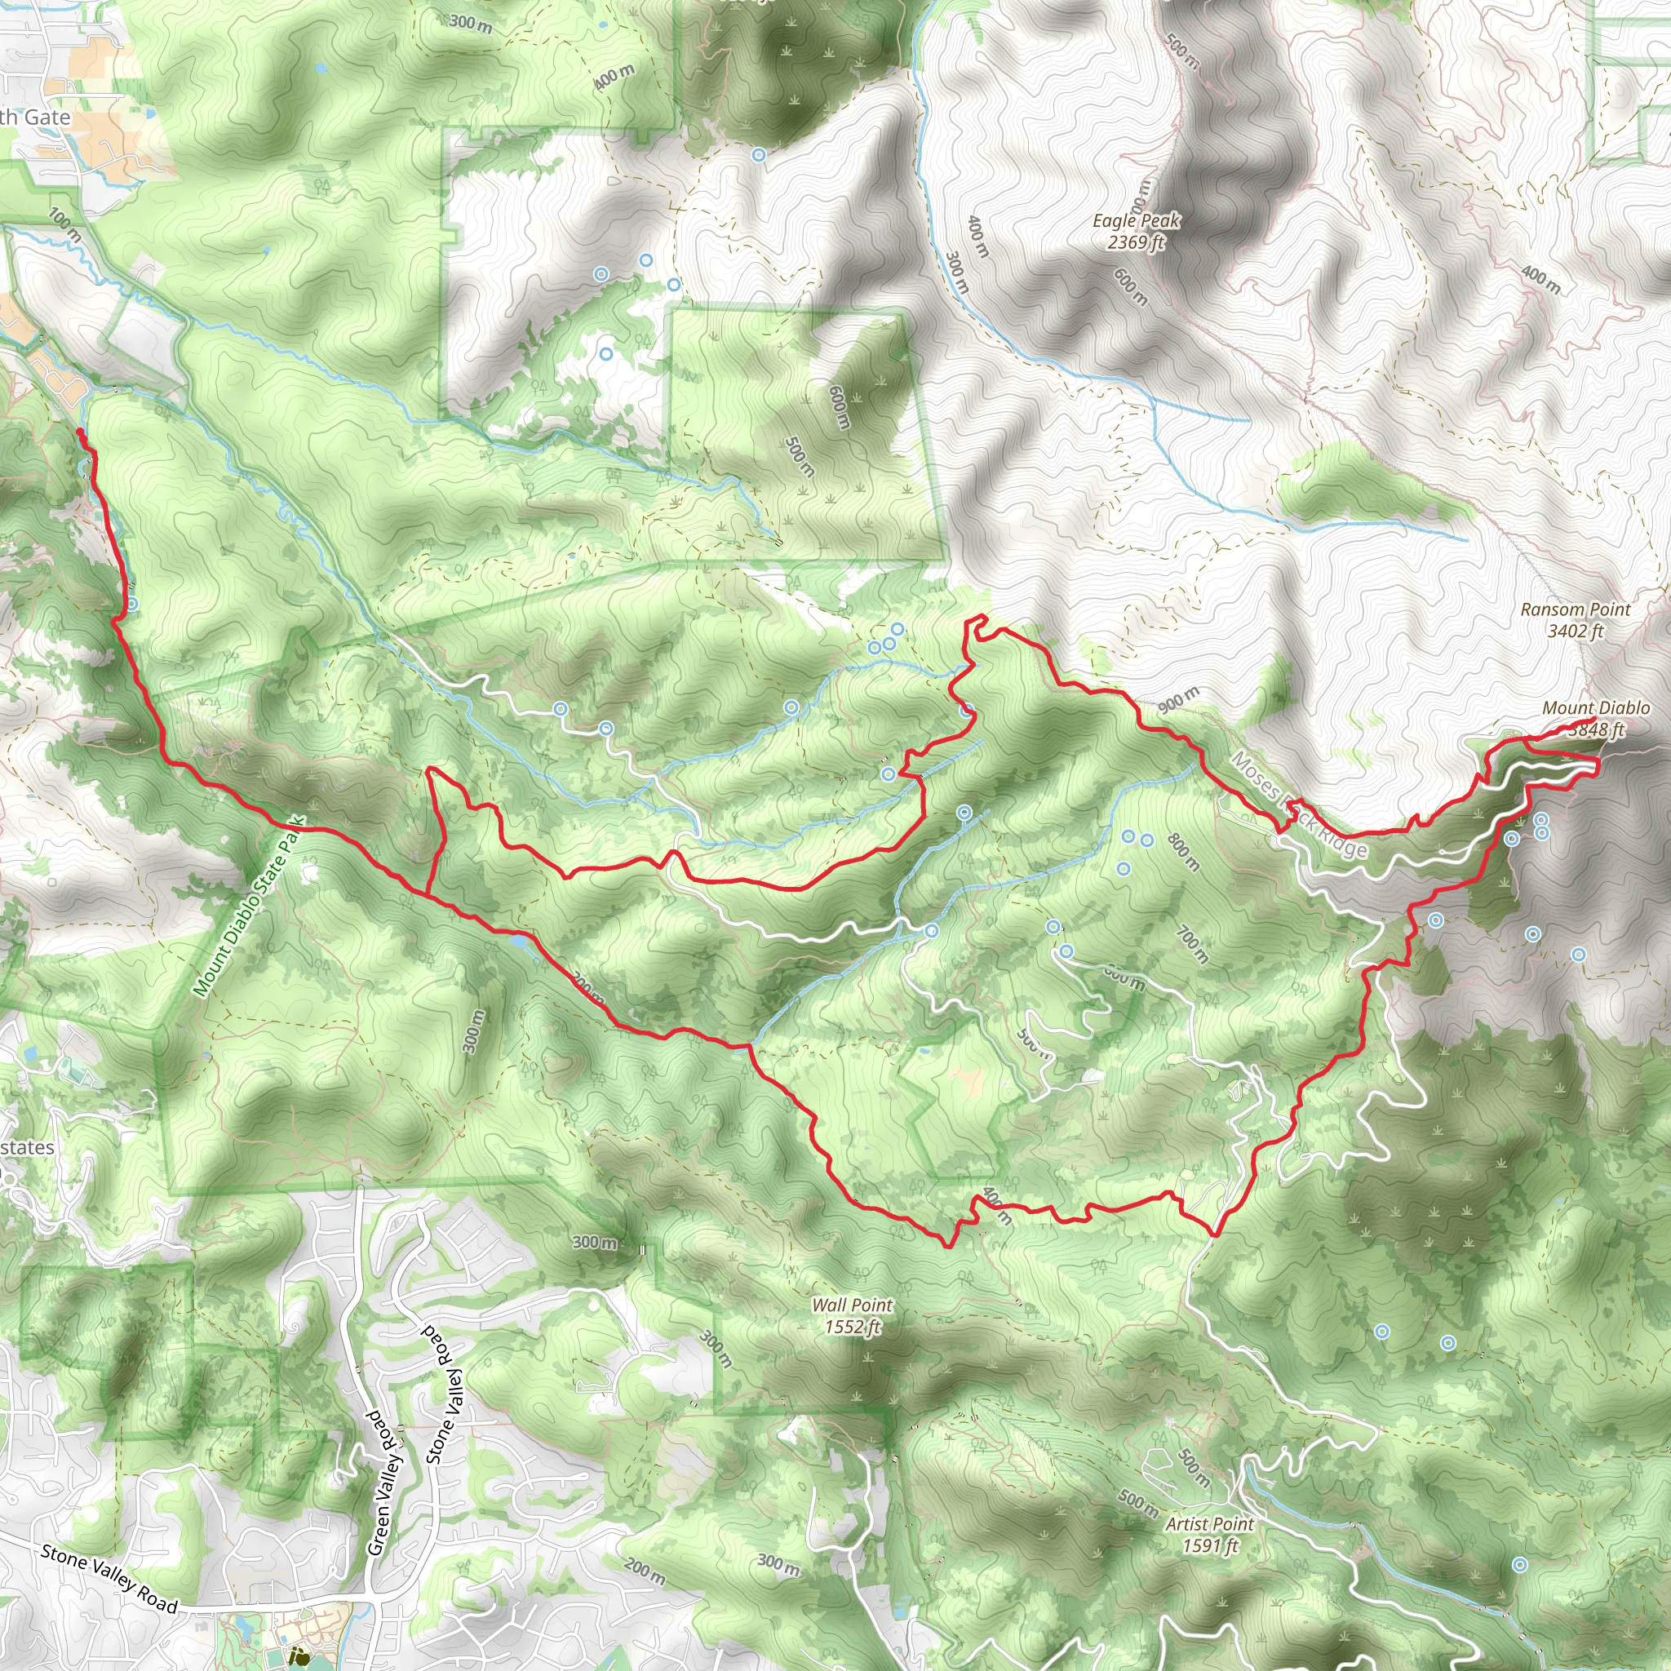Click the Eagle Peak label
(x=1136, y=220)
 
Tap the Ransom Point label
(x=1575, y=609)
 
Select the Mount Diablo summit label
(x=1596, y=708)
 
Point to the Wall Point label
(x=852, y=1305)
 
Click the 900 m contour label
(x=1178, y=699)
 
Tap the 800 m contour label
(x=1182, y=851)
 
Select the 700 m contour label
(x=1193, y=945)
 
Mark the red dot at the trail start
(x=80, y=431)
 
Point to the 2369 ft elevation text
(x=1136, y=242)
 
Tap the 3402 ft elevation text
(x=1575, y=632)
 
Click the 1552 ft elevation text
(x=852, y=1327)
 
